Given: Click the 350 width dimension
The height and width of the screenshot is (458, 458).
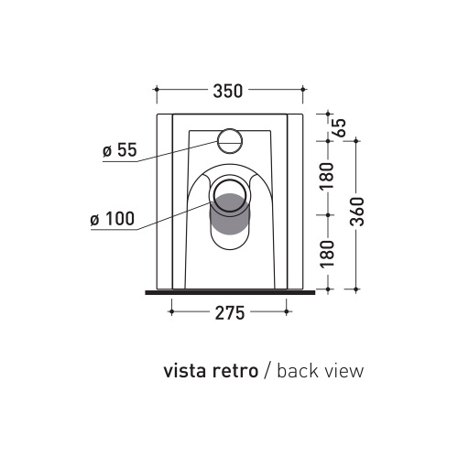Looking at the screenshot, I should pyautogui.click(x=228, y=90).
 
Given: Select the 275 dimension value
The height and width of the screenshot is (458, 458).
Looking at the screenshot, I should pyautogui.click(x=229, y=313).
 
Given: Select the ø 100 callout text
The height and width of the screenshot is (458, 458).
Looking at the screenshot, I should pyautogui.click(x=113, y=219).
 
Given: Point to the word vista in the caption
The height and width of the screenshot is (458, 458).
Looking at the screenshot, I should pyautogui.click(x=183, y=371).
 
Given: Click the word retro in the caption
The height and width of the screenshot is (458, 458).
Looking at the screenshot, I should pyautogui.click(x=233, y=371).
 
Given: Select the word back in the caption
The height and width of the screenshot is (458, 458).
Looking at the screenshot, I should pyautogui.click(x=296, y=371).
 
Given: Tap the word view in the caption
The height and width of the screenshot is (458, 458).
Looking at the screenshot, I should pyautogui.click(x=343, y=371).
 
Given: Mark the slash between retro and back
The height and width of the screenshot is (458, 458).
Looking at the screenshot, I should pyautogui.click(x=267, y=371).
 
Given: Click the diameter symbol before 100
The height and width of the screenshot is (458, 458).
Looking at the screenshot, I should pyautogui.click(x=96, y=220).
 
